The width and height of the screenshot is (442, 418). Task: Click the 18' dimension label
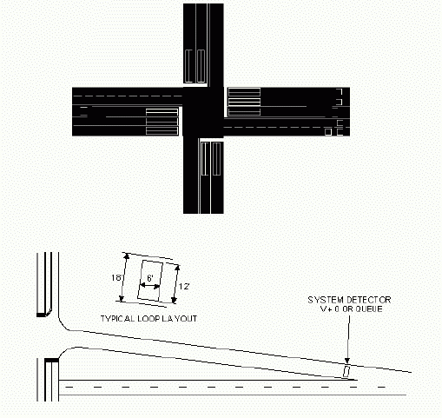pyautogui.click(x=116, y=278)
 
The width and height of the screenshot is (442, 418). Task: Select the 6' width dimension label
pyautogui.click(x=150, y=278)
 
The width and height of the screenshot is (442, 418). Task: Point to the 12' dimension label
pyautogui.click(x=184, y=287)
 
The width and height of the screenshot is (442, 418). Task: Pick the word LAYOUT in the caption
pyautogui.click(x=180, y=319)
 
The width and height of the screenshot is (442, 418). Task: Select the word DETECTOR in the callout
pyautogui.click(x=368, y=300)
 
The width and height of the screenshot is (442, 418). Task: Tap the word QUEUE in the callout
pyautogui.click(x=369, y=309)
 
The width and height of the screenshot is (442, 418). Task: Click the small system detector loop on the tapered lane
pyautogui.click(x=346, y=372)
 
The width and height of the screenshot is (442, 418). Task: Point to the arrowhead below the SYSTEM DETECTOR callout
pyautogui.click(x=347, y=361)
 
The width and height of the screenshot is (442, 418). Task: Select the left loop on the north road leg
pyautogui.click(x=188, y=66)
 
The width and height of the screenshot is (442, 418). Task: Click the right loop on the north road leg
pyautogui.click(x=201, y=66)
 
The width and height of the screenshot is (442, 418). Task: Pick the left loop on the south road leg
pyautogui.click(x=205, y=159)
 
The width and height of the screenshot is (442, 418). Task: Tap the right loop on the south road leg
pyautogui.click(x=216, y=159)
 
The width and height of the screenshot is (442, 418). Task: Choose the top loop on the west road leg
pyautogui.click(x=162, y=112)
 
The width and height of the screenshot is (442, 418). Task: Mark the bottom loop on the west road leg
pyautogui.click(x=162, y=131)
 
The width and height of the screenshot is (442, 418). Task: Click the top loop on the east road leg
pyautogui.click(x=244, y=92)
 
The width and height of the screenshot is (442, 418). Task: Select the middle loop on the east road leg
pyautogui.click(x=244, y=102)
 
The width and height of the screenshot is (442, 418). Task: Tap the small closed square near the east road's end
pyautogui.click(x=328, y=132)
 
